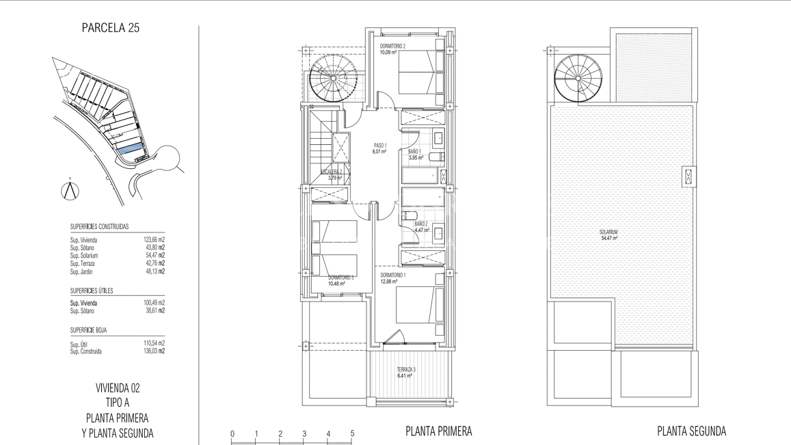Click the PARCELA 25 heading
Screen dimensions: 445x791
pyautogui.click(x=110, y=28)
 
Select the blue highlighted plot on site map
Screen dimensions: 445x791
pyautogui.click(x=130, y=148)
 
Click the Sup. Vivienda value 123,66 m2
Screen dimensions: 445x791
pyautogui.click(x=154, y=240)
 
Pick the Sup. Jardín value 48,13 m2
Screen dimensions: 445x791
pyautogui.click(x=154, y=271)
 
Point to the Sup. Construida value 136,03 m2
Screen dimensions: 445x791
pyautogui.click(x=154, y=351)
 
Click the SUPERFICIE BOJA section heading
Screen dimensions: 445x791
pyautogui.click(x=88, y=330)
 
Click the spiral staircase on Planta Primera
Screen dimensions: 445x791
pyautogui.click(x=333, y=79)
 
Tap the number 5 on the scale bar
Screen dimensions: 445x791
pyautogui.click(x=352, y=433)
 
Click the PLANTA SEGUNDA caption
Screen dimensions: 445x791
pyautogui.click(x=691, y=431)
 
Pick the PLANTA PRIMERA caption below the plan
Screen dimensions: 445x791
pyautogui.click(x=438, y=431)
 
